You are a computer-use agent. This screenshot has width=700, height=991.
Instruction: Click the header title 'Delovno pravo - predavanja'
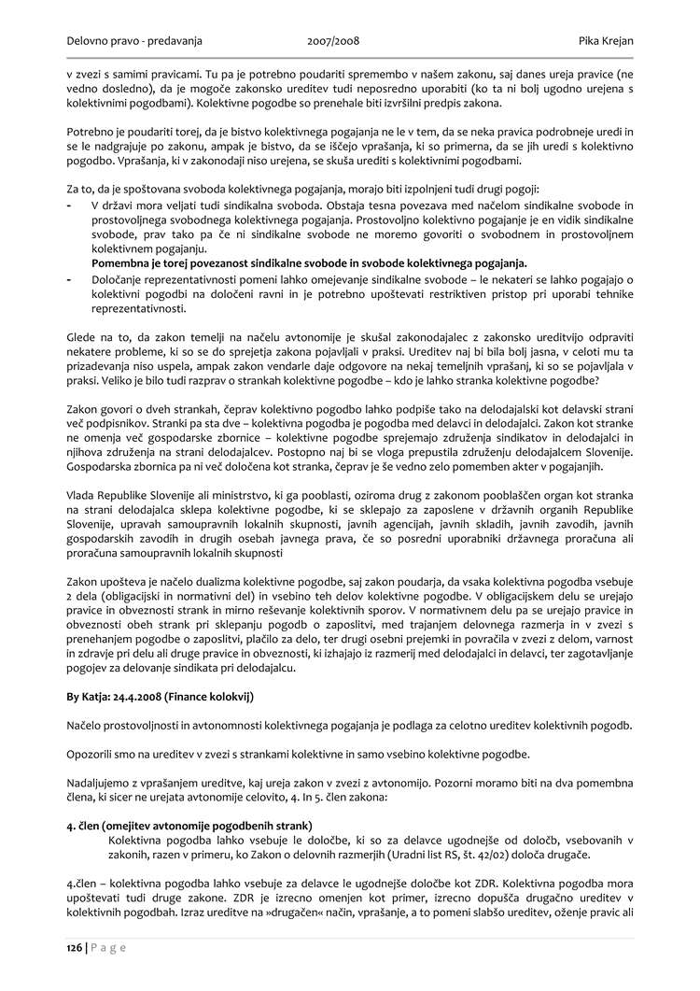(x=134, y=41)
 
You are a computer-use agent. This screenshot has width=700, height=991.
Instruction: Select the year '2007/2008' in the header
(x=333, y=41)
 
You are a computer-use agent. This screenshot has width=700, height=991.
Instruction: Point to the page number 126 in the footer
(x=75, y=946)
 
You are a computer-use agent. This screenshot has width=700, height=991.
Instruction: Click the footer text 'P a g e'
(x=108, y=946)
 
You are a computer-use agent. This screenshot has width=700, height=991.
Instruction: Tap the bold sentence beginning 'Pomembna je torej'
(x=309, y=262)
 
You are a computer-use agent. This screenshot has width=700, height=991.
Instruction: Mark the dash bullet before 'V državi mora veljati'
(x=71, y=205)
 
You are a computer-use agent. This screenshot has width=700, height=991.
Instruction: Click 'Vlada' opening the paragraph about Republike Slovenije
(x=82, y=492)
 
